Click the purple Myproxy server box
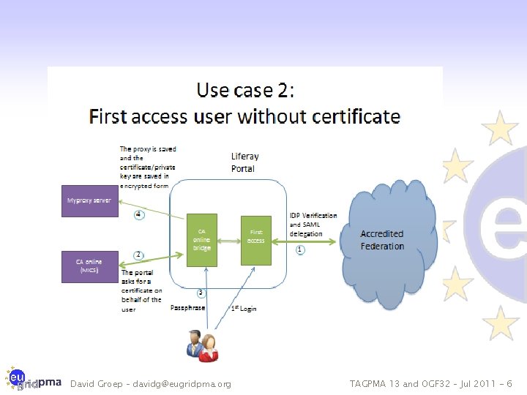pyautogui.click(x=90, y=200)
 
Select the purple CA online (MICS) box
pyautogui.click(x=90, y=265)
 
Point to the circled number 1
pyautogui.click(x=300, y=249)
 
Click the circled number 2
pyautogui.click(x=138, y=255)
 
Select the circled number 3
pyautogui.click(x=201, y=293)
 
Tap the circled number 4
pyautogui.click(x=138, y=215)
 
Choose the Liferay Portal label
pyautogui.click(x=244, y=162)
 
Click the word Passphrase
pyautogui.click(x=187, y=308)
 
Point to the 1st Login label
pyautogui.click(x=244, y=309)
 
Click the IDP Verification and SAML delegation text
pyautogui.click(x=313, y=225)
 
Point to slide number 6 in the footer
pyautogui.click(x=509, y=384)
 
